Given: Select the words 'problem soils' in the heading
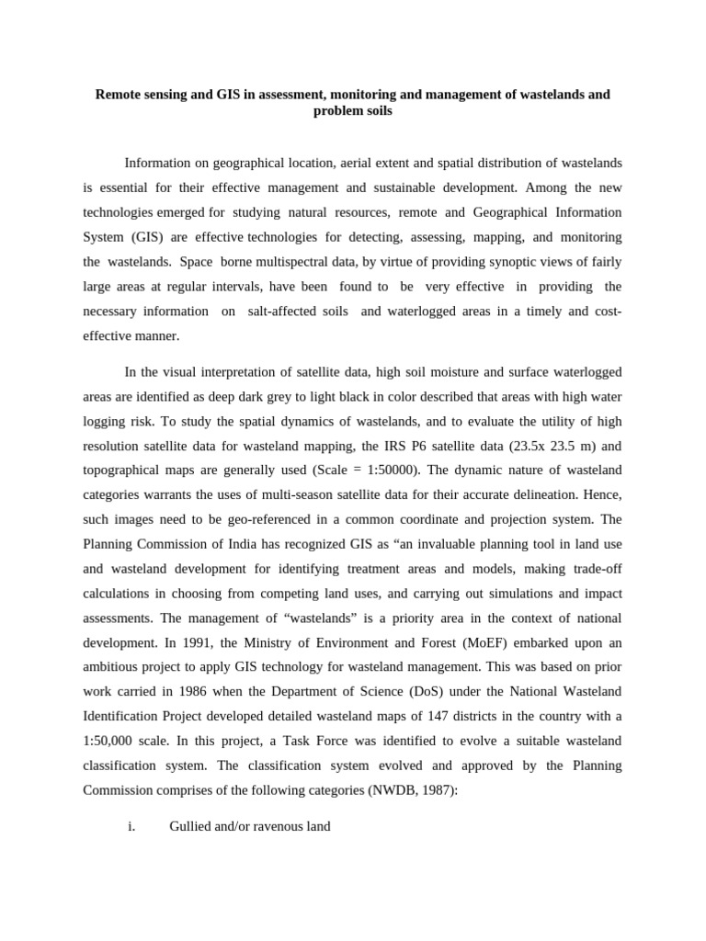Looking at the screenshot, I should point(353,110).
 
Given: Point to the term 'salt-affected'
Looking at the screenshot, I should point(298,312).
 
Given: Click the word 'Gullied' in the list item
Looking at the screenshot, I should point(192,826).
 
